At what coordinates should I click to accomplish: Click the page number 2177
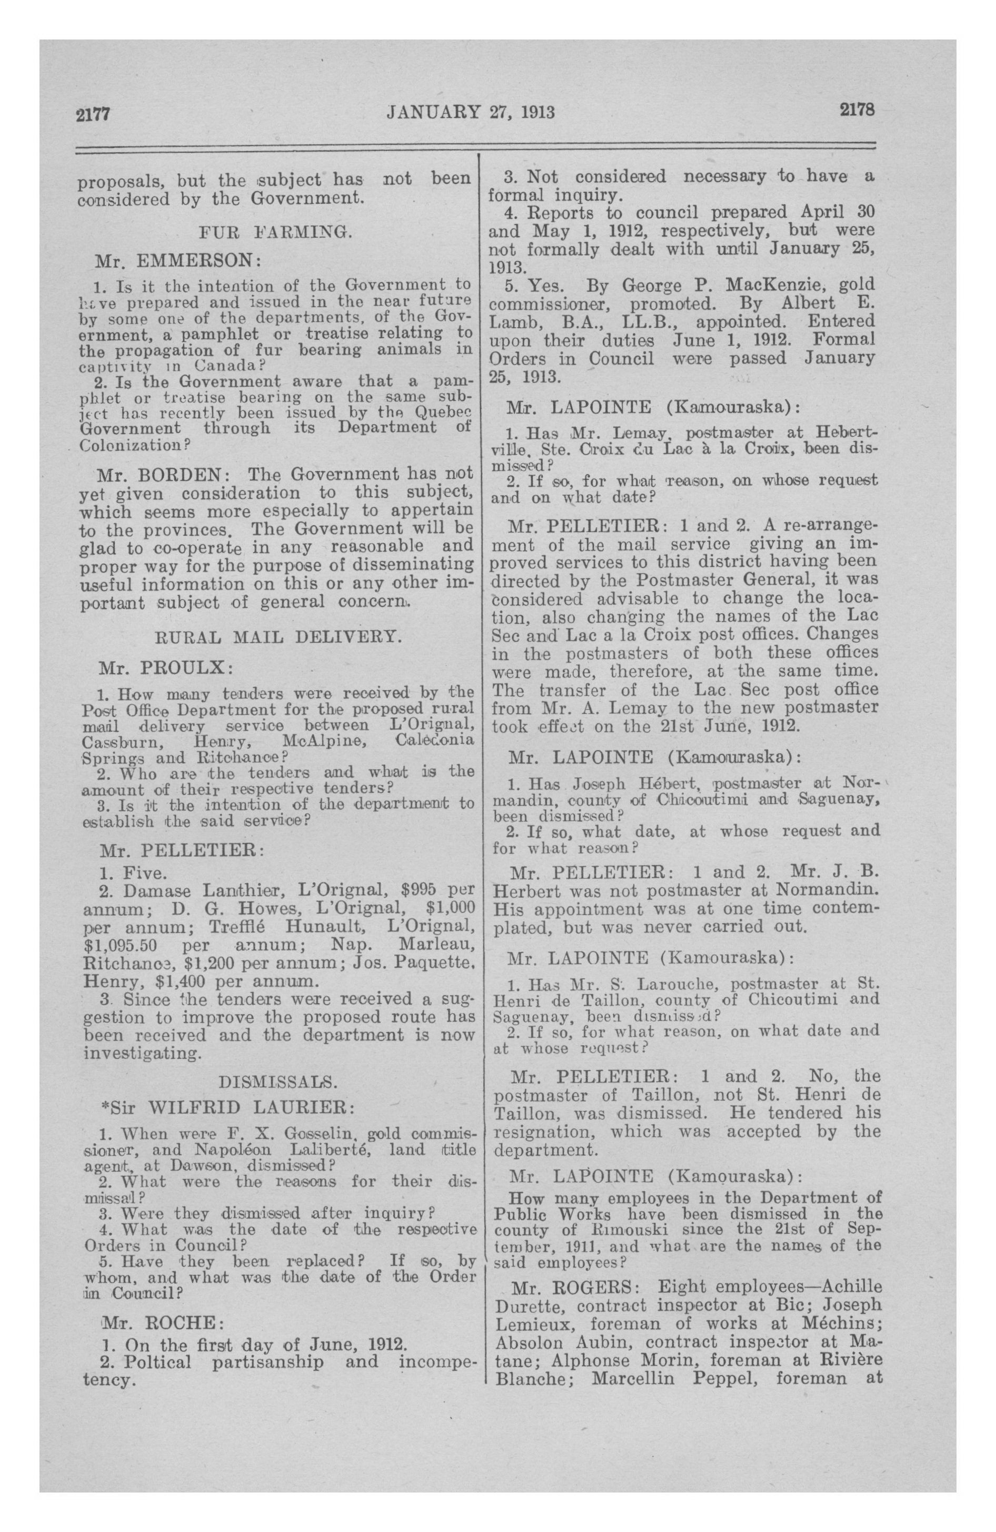pyautogui.click(x=94, y=114)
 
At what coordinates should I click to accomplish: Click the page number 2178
pyautogui.click(x=856, y=110)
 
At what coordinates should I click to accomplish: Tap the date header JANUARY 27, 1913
pyautogui.click(x=470, y=113)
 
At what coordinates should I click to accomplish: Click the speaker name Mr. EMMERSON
pyautogui.click(x=176, y=261)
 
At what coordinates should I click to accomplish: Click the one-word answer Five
pyautogui.click(x=145, y=873)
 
